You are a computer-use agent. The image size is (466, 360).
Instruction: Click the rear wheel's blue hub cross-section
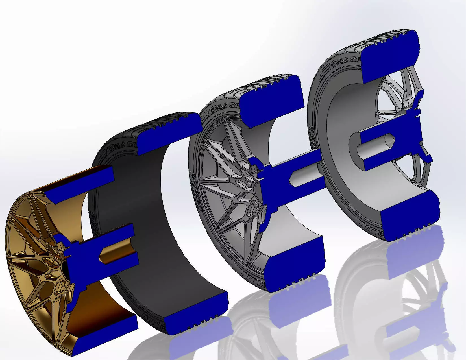tap(410, 136)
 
